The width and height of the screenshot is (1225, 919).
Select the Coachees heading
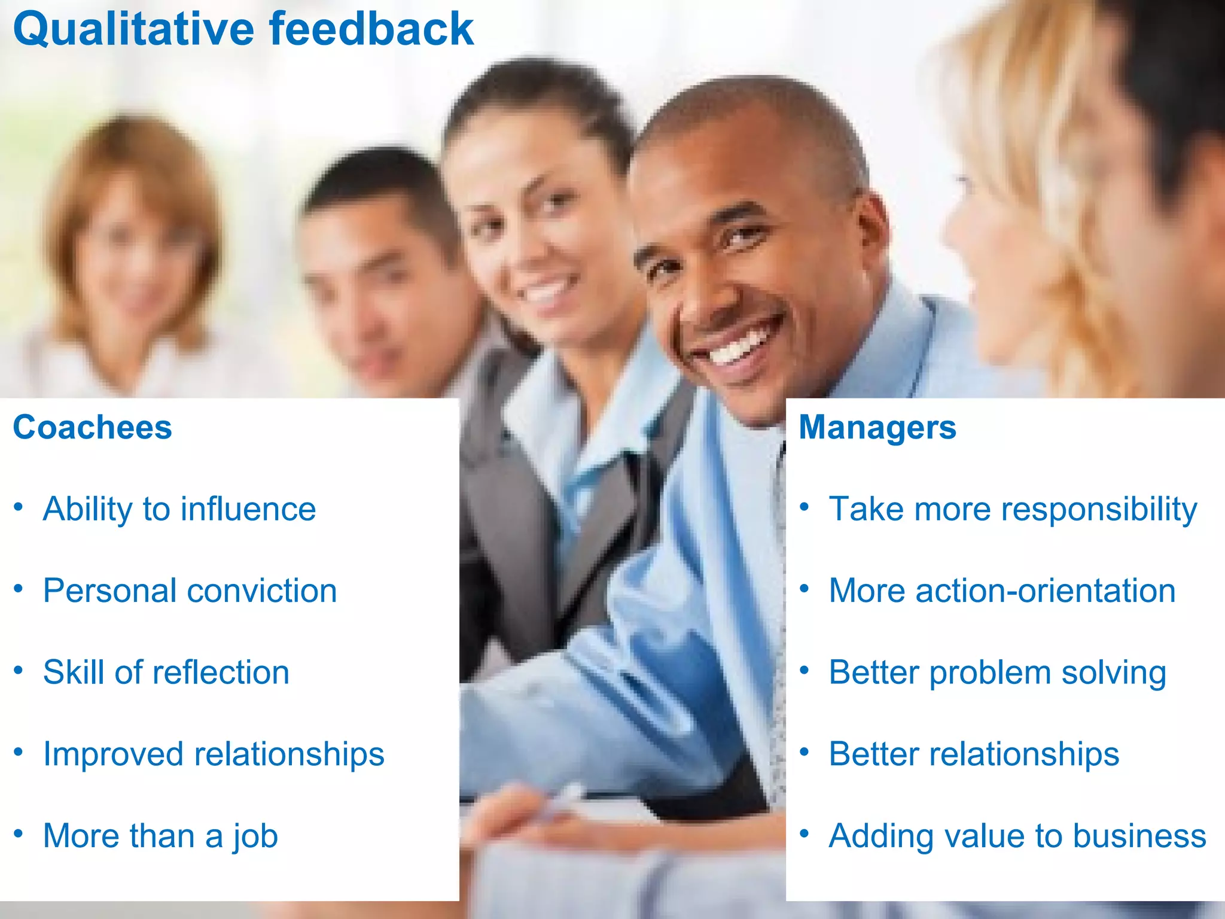tap(93, 427)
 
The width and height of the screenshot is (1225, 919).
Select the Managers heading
tap(877, 427)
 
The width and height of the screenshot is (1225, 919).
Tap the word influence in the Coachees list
tap(248, 509)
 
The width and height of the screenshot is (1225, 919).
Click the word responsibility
tap(1099, 510)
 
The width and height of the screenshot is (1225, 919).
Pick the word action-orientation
tap(1046, 591)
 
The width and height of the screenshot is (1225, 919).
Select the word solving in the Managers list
tap(1114, 673)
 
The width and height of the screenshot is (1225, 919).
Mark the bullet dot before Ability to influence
tap(19, 507)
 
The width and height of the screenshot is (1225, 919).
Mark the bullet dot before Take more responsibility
tap(805, 507)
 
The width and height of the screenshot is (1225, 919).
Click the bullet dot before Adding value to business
tap(805, 833)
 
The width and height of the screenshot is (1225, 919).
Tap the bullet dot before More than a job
tap(19, 833)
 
